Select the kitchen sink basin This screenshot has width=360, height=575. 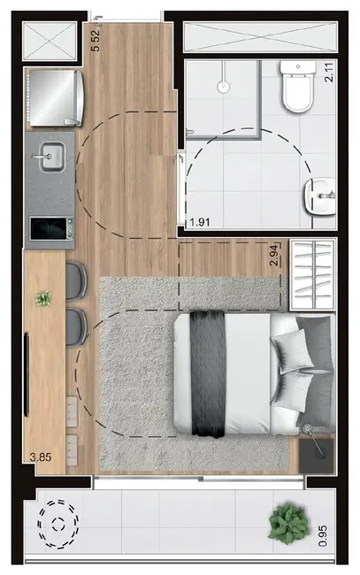pyautogui.click(x=50, y=158)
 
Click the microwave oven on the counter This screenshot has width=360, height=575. pyautogui.click(x=50, y=229)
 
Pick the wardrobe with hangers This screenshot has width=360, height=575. pyautogui.click(x=314, y=271)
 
